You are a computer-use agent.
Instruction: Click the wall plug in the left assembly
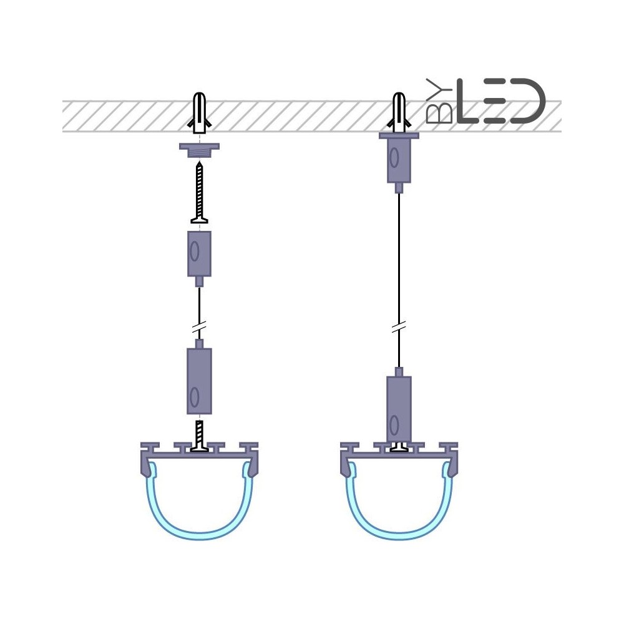click(200, 113)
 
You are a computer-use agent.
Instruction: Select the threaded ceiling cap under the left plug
click(199, 150)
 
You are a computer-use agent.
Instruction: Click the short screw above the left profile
click(200, 436)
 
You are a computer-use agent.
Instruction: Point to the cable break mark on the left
click(199, 328)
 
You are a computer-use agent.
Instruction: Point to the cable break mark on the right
click(398, 328)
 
